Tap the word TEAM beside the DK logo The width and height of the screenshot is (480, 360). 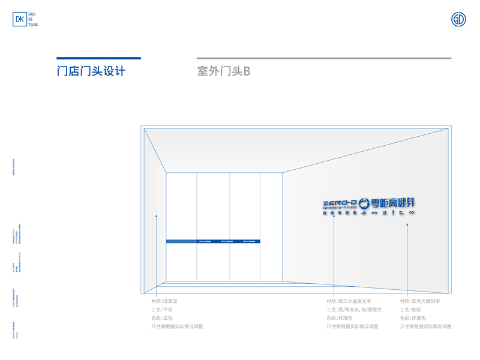tap(34, 25)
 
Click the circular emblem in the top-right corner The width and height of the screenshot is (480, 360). tap(458, 19)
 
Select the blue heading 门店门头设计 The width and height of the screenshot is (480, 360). tap(91, 71)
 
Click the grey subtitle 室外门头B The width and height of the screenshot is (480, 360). tap(223, 71)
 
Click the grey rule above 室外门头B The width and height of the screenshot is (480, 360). tap(324, 58)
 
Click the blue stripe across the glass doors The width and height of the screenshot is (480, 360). tap(213, 241)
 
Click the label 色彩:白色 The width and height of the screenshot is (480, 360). tap(162, 318)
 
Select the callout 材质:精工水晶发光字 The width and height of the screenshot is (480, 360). tap(349, 301)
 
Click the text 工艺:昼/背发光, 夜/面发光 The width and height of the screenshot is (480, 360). tap(354, 310)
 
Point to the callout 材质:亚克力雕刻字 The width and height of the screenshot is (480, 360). tap(421, 301)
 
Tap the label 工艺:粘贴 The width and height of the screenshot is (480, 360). tap(411, 310)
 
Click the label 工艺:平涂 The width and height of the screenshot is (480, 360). tap(162, 310)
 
